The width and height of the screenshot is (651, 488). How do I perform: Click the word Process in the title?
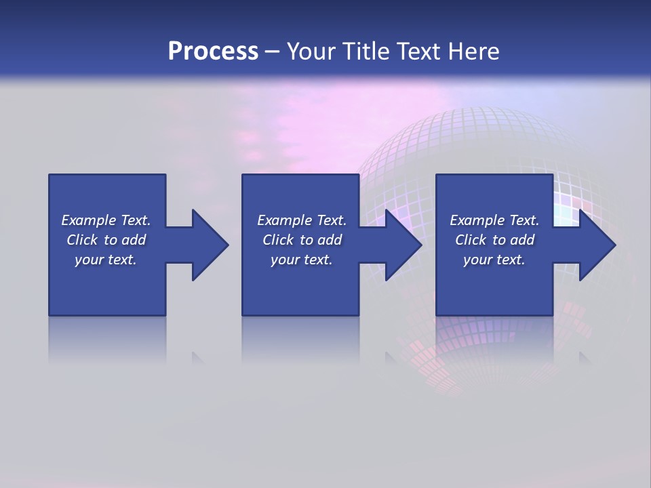pyautogui.click(x=213, y=52)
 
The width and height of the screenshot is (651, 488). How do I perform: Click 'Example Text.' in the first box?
pyautogui.click(x=106, y=220)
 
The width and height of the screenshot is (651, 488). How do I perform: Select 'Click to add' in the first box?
pyautogui.click(x=106, y=240)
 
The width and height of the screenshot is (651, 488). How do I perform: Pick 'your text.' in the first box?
pyautogui.click(x=106, y=260)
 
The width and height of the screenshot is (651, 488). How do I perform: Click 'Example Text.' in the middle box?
pyautogui.click(x=302, y=220)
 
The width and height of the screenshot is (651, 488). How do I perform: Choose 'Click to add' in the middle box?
pyautogui.click(x=302, y=240)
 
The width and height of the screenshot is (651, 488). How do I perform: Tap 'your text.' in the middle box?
pyautogui.click(x=302, y=260)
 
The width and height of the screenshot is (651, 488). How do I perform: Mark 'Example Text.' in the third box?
pyautogui.click(x=494, y=220)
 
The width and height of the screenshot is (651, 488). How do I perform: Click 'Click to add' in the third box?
pyautogui.click(x=494, y=240)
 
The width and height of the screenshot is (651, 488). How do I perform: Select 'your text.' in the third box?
pyautogui.click(x=494, y=260)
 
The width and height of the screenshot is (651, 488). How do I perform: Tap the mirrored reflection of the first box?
pyautogui.click(x=107, y=339)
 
